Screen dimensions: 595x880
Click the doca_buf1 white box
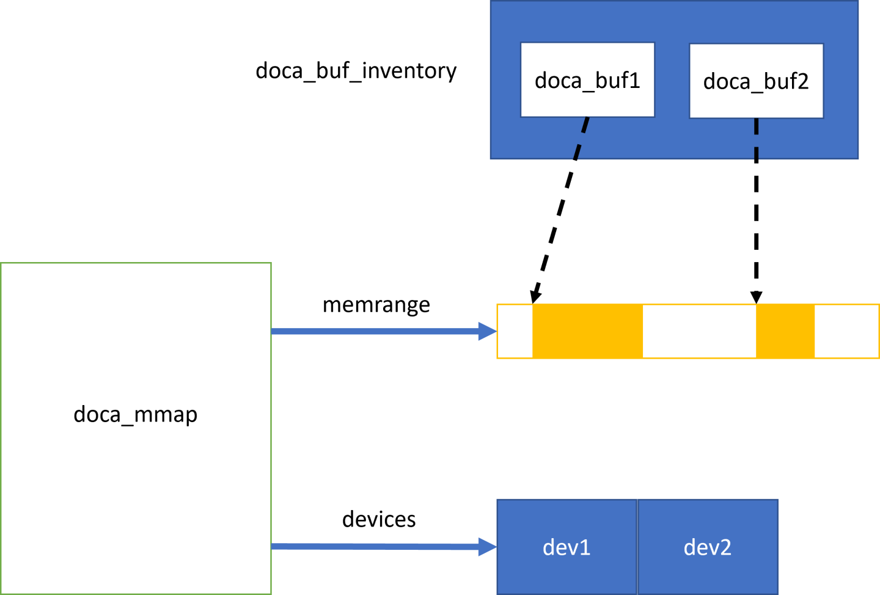tap(587, 79)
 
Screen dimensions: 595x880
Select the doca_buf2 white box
tap(756, 81)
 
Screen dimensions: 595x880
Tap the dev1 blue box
tap(566, 547)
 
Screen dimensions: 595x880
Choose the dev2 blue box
tap(708, 547)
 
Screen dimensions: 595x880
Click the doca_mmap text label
tap(135, 414)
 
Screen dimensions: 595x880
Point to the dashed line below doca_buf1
tap(581, 138)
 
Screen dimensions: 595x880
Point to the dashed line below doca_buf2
tap(756, 138)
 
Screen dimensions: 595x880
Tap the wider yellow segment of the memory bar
tap(587, 331)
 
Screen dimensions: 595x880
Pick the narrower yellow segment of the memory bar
tap(785, 331)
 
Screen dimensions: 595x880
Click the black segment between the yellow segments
tap(700, 331)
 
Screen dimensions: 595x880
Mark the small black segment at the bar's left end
tap(515, 331)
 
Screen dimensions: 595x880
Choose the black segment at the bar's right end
tap(847, 331)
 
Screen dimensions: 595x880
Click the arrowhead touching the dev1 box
tap(488, 547)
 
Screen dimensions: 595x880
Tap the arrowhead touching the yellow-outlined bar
tap(488, 331)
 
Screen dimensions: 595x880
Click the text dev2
tap(708, 547)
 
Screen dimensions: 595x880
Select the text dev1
tap(566, 547)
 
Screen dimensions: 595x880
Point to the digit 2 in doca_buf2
tap(803, 81)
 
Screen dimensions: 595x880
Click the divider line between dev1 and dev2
tap(637, 547)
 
